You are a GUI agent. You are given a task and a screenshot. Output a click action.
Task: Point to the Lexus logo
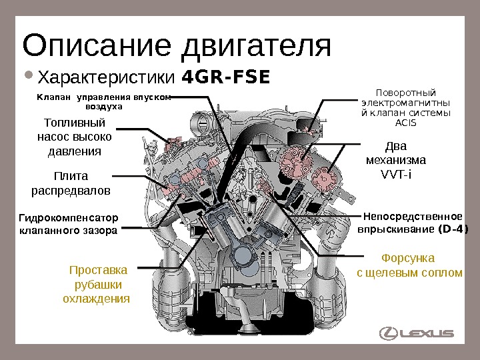click(x=417, y=333)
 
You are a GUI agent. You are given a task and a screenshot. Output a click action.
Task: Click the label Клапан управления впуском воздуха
click(x=103, y=101)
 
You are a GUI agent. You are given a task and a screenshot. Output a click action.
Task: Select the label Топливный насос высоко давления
click(x=74, y=137)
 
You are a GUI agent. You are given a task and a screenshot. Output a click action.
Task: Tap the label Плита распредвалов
click(x=71, y=183)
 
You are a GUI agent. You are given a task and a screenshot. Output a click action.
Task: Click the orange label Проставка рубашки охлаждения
click(x=97, y=284)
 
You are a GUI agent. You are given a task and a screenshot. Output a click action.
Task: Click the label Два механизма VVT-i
click(x=396, y=161)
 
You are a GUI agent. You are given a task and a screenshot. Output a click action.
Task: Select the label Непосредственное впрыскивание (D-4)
click(x=413, y=223)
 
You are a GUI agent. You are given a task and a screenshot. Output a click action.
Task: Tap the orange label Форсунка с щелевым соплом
click(x=409, y=265)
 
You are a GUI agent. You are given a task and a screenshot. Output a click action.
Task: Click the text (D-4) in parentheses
click(x=452, y=229)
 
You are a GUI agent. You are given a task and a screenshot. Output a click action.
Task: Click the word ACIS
click(x=405, y=123)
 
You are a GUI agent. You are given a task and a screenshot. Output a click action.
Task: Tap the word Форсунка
click(x=407, y=257)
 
